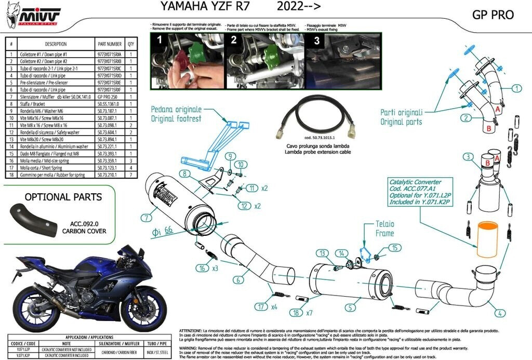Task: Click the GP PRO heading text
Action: click(x=493, y=15)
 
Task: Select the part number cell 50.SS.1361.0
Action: click(x=110, y=104)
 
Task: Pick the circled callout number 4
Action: click(x=499, y=313)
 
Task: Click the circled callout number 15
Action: click(x=394, y=248)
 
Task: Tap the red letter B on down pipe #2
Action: click(x=488, y=127)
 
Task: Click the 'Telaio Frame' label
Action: click(x=385, y=229)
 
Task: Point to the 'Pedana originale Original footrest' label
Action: click(x=176, y=114)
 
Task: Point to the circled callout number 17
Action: click(x=258, y=306)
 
